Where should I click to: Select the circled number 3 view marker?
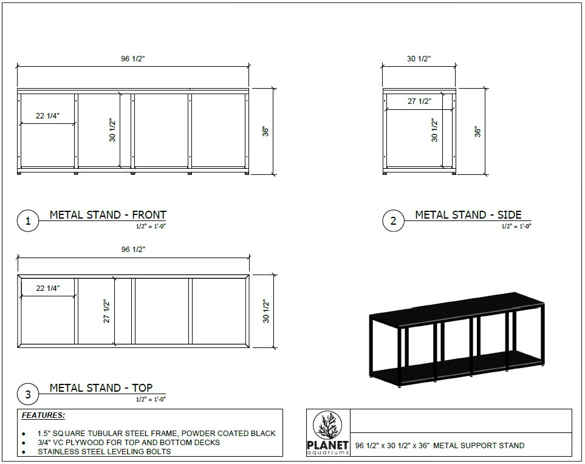coord(28,395)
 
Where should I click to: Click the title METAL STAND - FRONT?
coord(108,215)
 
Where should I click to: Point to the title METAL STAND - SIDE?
coord(468,215)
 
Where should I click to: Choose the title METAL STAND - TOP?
coord(101,388)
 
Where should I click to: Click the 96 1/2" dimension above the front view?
coord(133,59)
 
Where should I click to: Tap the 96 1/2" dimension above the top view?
coord(133,249)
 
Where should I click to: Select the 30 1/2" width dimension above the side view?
coord(419,59)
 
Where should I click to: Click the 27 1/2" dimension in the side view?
coord(419,101)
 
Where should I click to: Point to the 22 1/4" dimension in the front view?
coord(48,116)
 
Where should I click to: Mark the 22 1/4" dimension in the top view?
coord(48,288)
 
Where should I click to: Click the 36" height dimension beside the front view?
coord(265,131)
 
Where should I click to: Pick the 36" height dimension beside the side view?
coord(478,131)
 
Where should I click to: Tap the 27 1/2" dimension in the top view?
coord(106,311)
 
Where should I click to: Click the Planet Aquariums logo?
coord(329,432)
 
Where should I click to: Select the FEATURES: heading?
coord(43,416)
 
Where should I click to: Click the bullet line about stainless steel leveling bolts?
coord(104,451)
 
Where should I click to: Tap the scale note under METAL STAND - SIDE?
coord(516,226)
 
